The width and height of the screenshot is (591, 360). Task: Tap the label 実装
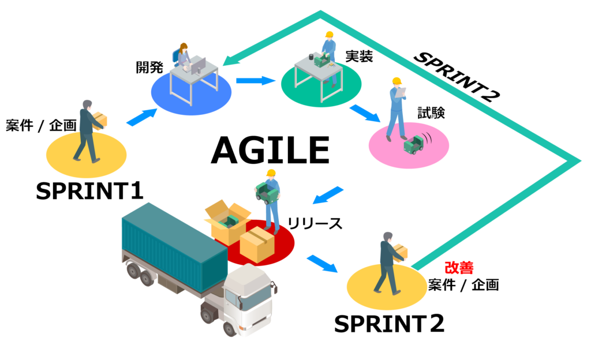pyautogui.click(x=359, y=57)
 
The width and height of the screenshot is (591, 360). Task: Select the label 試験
pyautogui.click(x=432, y=113)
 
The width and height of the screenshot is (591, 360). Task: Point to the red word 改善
pyautogui.click(x=459, y=268)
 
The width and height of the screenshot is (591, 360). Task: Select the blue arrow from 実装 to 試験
pyautogui.click(x=365, y=112)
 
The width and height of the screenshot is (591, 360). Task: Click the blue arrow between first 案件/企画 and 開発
pyautogui.click(x=141, y=117)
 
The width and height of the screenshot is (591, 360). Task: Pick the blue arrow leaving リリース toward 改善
pyautogui.click(x=322, y=262)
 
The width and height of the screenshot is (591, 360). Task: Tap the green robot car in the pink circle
pyautogui.click(x=414, y=144)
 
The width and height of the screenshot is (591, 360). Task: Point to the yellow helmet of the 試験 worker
pyautogui.click(x=397, y=81)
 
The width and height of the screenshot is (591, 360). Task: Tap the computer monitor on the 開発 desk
pyautogui.click(x=198, y=65)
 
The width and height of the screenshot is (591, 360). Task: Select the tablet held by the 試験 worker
pyautogui.click(x=401, y=92)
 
